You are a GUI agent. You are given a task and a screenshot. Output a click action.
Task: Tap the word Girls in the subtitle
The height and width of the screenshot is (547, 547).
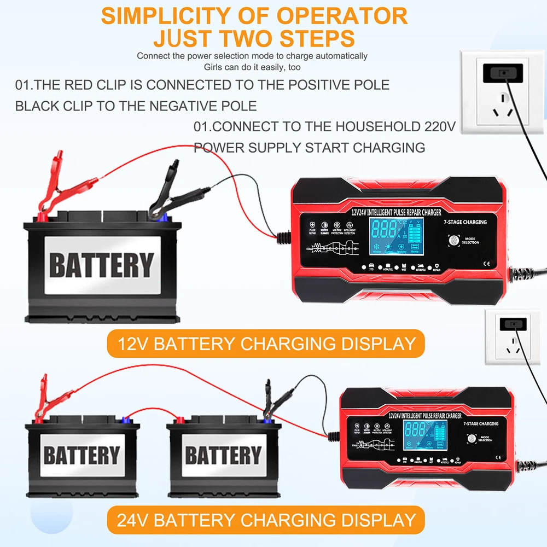pyautogui.click(x=215, y=67)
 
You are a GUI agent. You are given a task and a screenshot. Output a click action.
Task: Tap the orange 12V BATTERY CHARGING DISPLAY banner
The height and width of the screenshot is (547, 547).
pyautogui.click(x=266, y=344)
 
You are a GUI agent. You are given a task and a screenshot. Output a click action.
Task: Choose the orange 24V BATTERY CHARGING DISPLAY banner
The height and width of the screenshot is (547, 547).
pyautogui.click(x=266, y=519)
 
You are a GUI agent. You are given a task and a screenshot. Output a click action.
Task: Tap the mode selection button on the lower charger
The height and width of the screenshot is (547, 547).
pyautogui.click(x=469, y=438)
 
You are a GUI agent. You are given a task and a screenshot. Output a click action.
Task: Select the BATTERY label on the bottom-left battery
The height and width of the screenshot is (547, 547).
pyautogui.click(x=82, y=455)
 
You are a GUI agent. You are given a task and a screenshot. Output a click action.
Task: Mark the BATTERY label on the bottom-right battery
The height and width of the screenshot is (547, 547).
pyautogui.click(x=223, y=455)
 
